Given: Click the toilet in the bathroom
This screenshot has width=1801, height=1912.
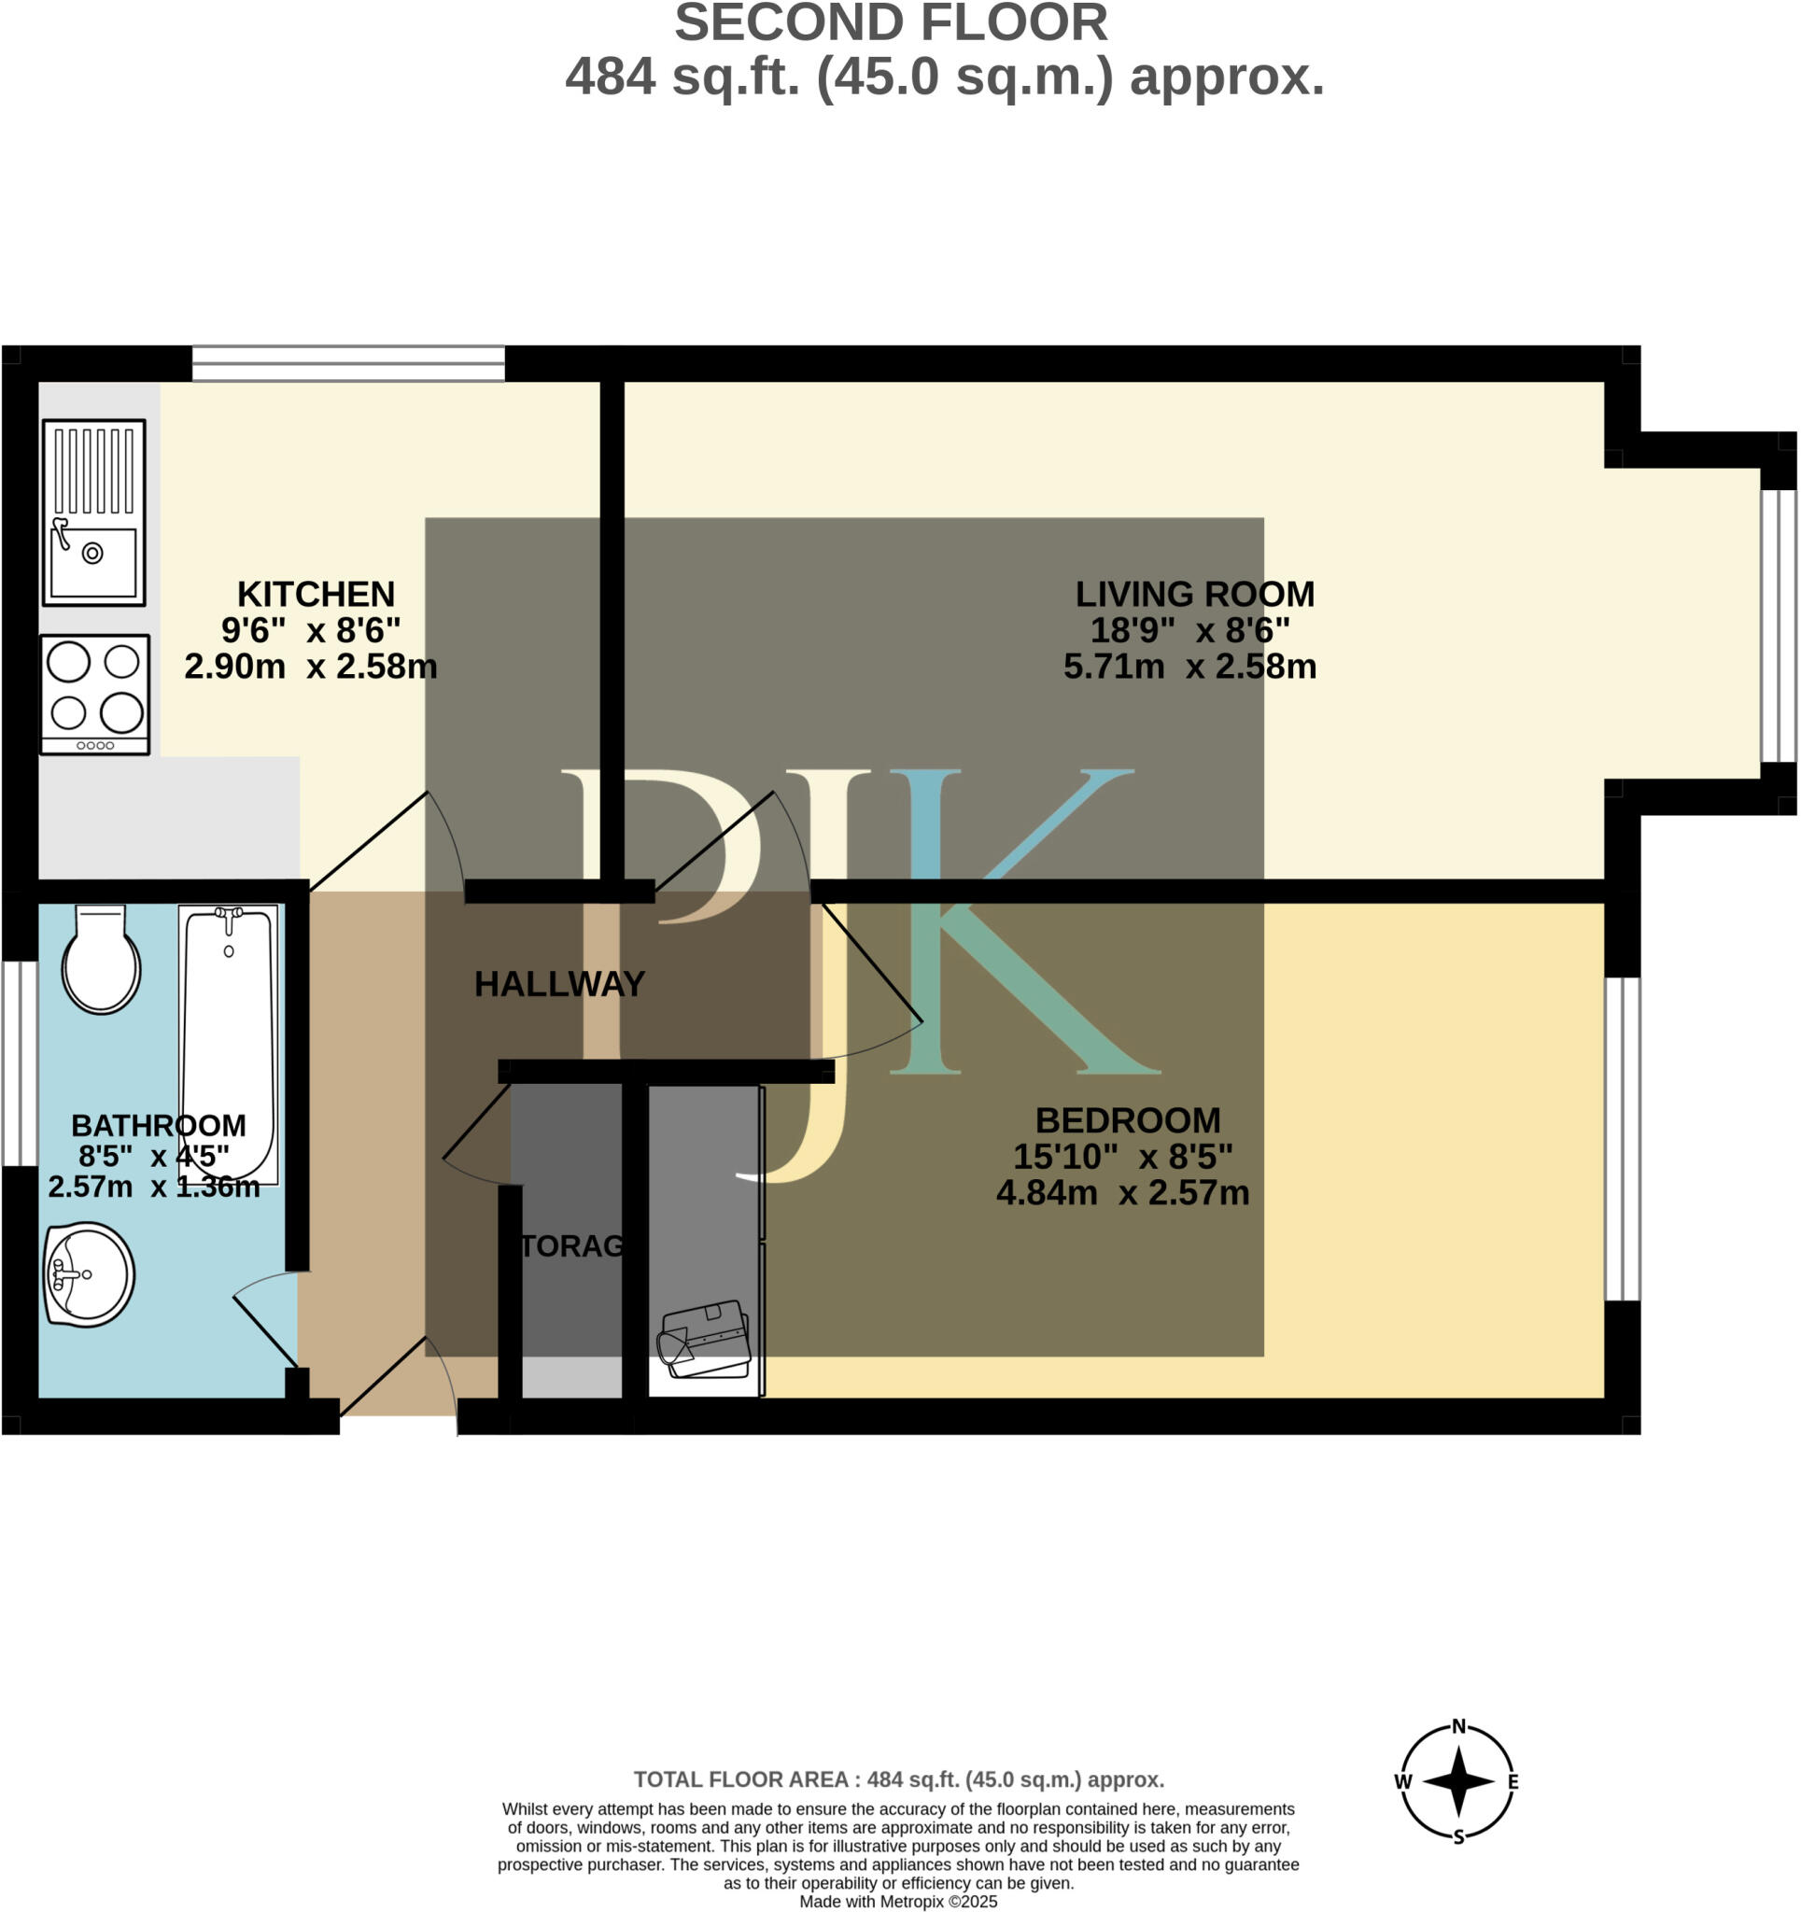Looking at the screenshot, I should (101, 962).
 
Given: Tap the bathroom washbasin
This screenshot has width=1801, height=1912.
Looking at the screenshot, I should (89, 1275).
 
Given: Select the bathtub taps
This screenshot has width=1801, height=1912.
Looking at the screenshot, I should (229, 919).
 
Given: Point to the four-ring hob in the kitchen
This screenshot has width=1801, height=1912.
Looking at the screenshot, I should (95, 694).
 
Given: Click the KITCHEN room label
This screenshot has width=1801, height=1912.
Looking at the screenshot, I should (316, 594).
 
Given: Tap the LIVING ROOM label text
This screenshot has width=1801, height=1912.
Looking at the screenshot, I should (1194, 594).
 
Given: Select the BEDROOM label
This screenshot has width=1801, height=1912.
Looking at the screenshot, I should (1128, 1120).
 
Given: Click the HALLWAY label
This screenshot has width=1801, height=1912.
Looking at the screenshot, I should (559, 984).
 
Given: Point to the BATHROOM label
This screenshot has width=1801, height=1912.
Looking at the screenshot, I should (159, 1125).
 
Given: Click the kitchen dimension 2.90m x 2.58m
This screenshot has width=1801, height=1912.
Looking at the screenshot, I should (310, 666).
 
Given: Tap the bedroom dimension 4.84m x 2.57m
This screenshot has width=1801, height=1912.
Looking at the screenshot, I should (1122, 1192).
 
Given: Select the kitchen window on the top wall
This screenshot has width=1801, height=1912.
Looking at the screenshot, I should (348, 364).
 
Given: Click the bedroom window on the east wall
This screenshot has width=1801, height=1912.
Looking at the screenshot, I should (1622, 1140).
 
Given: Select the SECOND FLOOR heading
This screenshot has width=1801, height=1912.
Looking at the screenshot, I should (890, 23).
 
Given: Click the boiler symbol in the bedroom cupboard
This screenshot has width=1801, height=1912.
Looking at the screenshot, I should (703, 1336).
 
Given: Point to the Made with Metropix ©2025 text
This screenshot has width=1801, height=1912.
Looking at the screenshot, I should (898, 1902).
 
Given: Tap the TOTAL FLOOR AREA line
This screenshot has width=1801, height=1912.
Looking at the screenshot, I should (898, 1779).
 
